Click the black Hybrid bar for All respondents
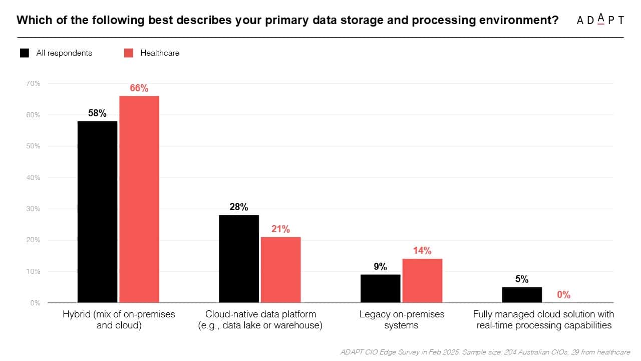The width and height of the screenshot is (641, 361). click(x=97, y=212)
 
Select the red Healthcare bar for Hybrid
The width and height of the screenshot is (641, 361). click(x=139, y=199)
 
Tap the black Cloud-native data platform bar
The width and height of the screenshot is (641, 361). click(x=239, y=259)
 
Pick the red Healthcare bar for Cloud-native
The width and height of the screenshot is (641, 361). click(x=280, y=270)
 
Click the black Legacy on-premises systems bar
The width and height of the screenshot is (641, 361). click(x=381, y=288)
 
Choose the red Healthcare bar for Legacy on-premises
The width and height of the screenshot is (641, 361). click(x=422, y=281)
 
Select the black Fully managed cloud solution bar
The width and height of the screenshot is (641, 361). click(x=522, y=295)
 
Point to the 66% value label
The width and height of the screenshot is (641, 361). click(x=139, y=88)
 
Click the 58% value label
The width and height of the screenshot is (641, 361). click(x=97, y=113)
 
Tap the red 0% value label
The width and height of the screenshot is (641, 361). click(x=564, y=295)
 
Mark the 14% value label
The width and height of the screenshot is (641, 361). click(x=422, y=251)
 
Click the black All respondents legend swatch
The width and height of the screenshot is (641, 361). click(x=25, y=53)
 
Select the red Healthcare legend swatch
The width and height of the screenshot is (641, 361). click(x=129, y=53)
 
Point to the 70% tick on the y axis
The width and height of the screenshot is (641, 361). click(x=33, y=83)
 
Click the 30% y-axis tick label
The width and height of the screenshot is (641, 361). click(x=33, y=209)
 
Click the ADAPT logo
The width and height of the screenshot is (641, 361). click(x=600, y=20)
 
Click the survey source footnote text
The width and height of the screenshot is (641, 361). click(x=484, y=352)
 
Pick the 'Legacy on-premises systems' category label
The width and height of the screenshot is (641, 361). click(x=402, y=319)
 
